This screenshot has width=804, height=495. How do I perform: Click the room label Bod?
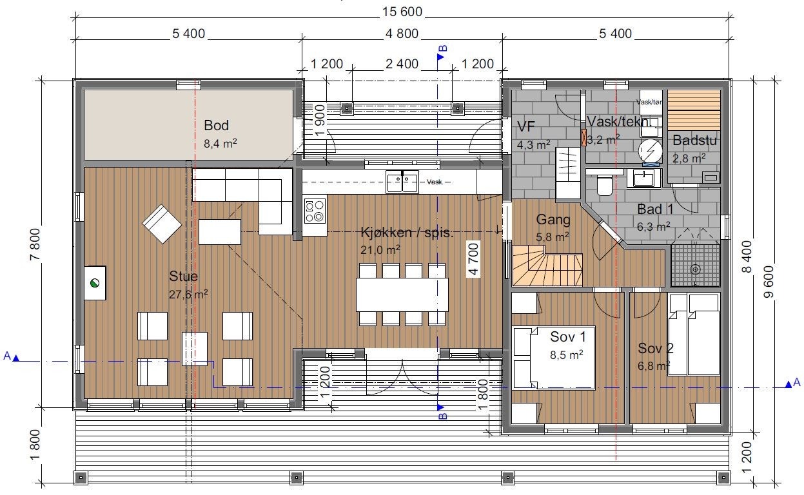point(217,125)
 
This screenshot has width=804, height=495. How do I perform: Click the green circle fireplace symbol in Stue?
point(95,282)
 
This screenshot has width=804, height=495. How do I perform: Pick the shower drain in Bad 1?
point(695,269)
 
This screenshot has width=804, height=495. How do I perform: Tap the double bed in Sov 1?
point(553,358)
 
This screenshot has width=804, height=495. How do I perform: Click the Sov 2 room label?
point(656,349)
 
